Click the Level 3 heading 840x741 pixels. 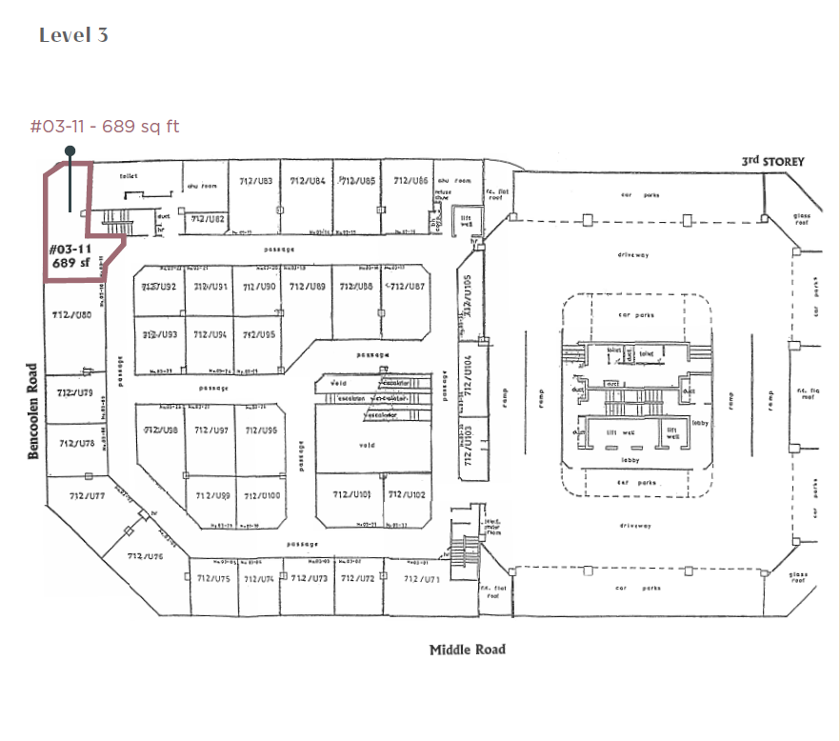click(73, 35)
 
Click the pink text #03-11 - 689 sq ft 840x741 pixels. click(105, 126)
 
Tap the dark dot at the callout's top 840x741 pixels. click(70, 150)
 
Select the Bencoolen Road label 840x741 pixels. click(33, 411)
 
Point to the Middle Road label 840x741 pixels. click(467, 650)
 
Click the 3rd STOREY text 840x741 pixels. click(772, 161)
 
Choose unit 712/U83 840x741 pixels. click(256, 181)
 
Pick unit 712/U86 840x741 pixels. click(410, 180)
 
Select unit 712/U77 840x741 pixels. click(87, 495)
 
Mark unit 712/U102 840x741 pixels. click(407, 494)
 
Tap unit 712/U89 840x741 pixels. click(308, 286)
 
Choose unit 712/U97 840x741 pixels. click(211, 431)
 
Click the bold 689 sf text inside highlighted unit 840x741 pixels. click(72, 262)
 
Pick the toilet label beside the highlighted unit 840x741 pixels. click(130, 176)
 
